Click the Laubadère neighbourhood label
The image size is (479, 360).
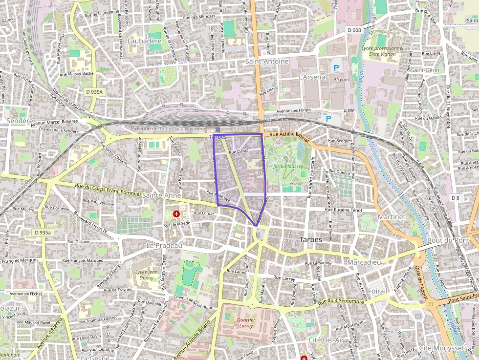click(x=144, y=42)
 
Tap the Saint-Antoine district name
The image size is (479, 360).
click(x=267, y=62)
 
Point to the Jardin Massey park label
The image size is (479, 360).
click(x=288, y=167)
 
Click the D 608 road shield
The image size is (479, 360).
click(x=354, y=30)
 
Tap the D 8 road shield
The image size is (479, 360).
click(x=455, y=197)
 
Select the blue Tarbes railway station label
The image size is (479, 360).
click(x=218, y=137)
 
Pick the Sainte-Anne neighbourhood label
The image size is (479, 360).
click(x=162, y=195)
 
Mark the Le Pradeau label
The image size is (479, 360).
click(x=164, y=245)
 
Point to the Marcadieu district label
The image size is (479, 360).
click(x=364, y=262)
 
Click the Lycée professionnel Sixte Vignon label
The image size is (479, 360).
click(x=382, y=51)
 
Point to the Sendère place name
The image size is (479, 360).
click(x=20, y=120)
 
